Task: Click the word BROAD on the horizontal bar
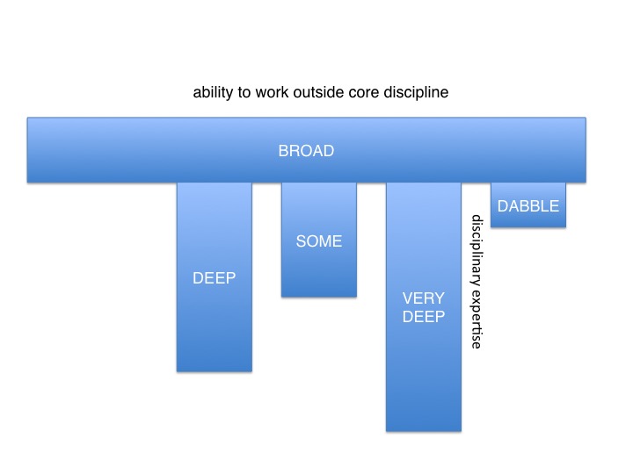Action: pos(306,151)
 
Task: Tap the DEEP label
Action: pos(214,278)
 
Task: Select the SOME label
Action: pos(319,241)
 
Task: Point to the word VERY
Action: pos(424,298)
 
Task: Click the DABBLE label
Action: pos(528,206)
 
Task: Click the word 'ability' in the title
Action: pos(213,93)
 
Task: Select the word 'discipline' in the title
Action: pos(416,93)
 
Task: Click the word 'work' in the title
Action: pos(272,92)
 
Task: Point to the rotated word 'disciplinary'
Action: pos(477,254)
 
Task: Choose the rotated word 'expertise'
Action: pos(477,322)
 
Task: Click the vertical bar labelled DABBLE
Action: pos(528,205)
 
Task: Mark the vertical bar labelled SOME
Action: pos(319,240)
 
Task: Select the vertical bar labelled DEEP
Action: pos(215,276)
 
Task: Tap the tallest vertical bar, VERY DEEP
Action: pos(424,306)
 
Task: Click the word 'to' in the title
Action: pos(244,93)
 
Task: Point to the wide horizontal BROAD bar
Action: pos(307,150)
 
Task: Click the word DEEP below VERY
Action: pos(424,317)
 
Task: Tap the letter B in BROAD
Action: pos(283,151)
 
